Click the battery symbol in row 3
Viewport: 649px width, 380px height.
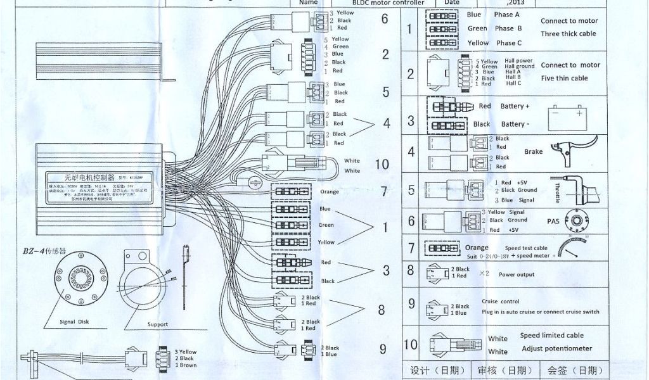pos(570,115)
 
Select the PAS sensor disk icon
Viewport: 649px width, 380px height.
pos(577,220)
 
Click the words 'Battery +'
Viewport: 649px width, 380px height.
pos(515,106)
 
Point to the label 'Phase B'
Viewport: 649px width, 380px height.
pos(508,28)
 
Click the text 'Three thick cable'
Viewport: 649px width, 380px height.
pos(569,34)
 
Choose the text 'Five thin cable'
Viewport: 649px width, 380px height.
pos(565,79)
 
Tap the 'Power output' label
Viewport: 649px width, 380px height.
pos(517,275)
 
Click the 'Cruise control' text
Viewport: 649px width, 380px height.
pos(501,301)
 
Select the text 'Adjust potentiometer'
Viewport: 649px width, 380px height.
pos(556,348)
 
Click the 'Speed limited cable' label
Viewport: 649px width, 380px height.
pos(552,336)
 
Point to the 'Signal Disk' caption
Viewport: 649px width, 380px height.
pos(79,322)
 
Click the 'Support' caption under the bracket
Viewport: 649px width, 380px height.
pos(158,324)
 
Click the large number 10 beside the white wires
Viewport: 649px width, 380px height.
pos(382,165)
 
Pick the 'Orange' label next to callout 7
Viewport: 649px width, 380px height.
pos(330,192)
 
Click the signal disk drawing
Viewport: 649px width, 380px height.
pos(79,282)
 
